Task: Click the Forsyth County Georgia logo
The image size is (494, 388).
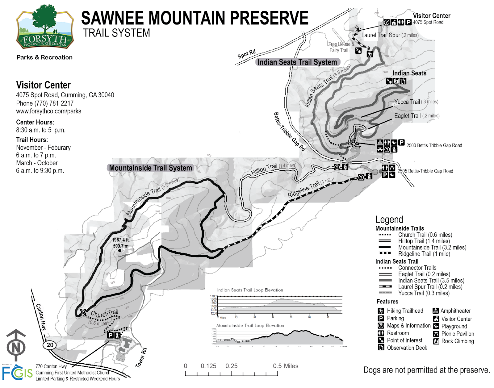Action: [x=45, y=27]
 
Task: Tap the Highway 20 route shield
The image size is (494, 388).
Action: [x=50, y=345]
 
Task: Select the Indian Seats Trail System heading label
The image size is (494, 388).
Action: [x=297, y=62]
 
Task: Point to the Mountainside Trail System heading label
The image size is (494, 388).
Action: [x=150, y=168]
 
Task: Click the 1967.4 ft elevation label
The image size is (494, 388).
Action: [x=120, y=240]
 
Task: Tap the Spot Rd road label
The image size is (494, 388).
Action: [x=246, y=54]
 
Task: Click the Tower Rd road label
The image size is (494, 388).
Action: [x=141, y=357]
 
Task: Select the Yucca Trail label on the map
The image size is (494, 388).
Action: [x=407, y=102]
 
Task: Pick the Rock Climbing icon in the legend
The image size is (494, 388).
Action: [x=436, y=341]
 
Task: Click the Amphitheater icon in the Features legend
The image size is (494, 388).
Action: [x=436, y=311]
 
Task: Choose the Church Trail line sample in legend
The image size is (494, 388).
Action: [x=384, y=235]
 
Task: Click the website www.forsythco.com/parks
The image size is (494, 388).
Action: [x=48, y=111]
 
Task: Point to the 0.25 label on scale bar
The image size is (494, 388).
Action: [x=231, y=366]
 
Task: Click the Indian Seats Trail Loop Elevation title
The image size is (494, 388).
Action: [x=250, y=290]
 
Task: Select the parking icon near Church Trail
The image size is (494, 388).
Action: [x=110, y=335]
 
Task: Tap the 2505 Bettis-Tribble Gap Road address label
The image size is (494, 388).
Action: [x=425, y=171]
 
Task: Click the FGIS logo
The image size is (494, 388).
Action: [x=17, y=373]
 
